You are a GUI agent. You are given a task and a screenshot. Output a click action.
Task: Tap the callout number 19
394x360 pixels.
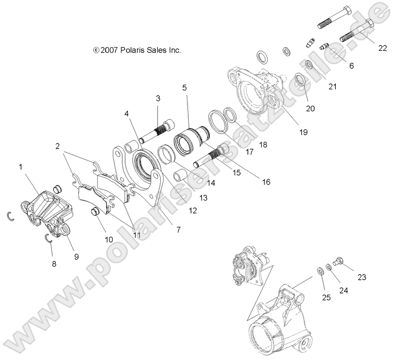[303, 132]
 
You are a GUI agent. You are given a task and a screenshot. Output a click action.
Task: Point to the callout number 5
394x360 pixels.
[184, 87]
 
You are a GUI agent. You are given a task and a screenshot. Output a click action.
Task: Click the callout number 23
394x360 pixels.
[362, 277]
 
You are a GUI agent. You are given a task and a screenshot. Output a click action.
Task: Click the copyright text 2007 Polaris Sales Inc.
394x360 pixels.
[137, 50]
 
